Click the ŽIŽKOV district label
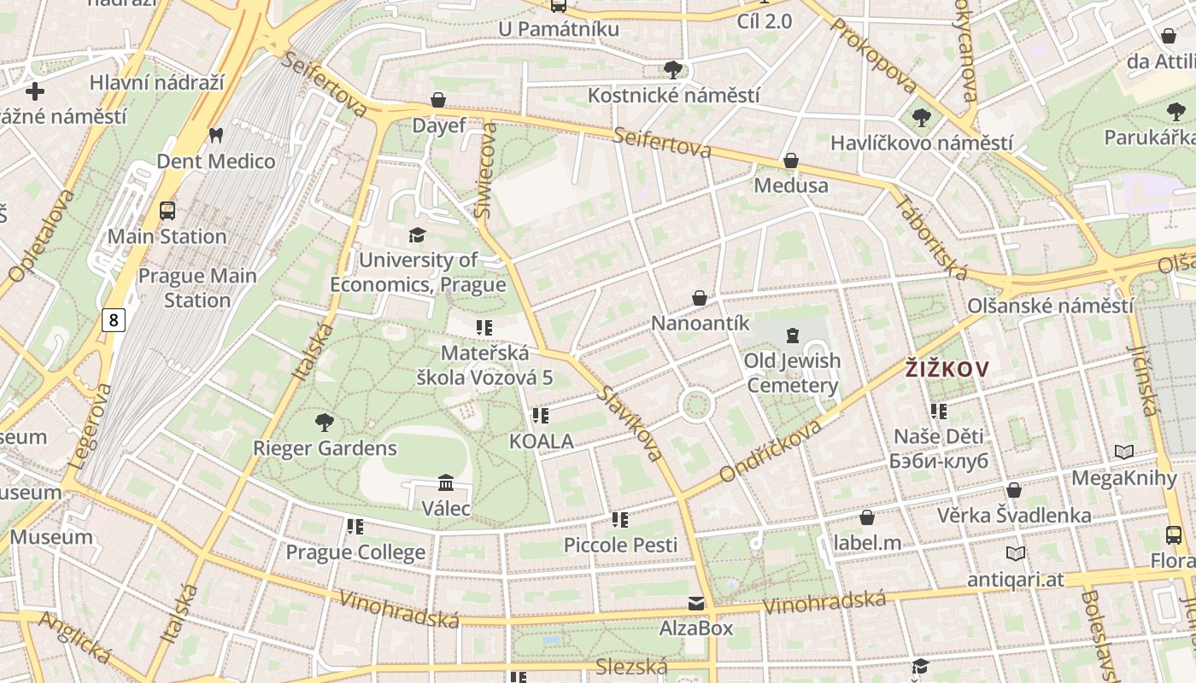947,370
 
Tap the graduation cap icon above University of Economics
417,235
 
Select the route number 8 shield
113,320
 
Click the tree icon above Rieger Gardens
324,422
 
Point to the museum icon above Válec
445,483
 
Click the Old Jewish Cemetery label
792,373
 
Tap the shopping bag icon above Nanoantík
700,298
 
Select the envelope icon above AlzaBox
696,604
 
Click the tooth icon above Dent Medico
215,136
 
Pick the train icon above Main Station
167,211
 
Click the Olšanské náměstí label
1050,306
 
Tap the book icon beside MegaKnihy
1124,452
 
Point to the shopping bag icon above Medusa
791,161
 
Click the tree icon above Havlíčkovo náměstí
921,118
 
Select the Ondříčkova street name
771,450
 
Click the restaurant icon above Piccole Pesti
620,519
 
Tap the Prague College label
355,552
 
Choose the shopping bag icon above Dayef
438,100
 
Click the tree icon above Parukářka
1175,111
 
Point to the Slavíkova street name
630,423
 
